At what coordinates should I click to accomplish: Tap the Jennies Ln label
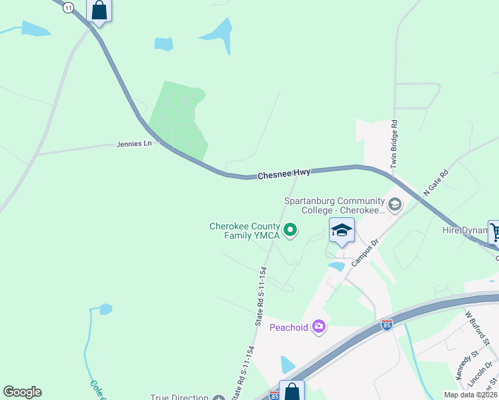[134, 143]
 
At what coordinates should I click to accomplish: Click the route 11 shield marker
[68, 7]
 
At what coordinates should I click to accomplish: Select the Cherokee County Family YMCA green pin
[290, 231]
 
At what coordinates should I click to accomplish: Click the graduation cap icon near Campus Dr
[342, 231]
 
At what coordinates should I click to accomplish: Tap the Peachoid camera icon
[319, 326]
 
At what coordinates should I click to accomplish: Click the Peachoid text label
[289, 327]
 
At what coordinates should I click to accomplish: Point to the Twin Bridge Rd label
[394, 144]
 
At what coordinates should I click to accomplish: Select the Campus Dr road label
[365, 253]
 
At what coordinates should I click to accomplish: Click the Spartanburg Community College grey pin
[394, 204]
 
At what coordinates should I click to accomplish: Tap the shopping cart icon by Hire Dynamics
[494, 232]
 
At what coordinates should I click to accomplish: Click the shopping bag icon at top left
[99, 10]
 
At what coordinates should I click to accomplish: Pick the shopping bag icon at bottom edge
[292, 392]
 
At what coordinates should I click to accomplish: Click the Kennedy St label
[467, 367]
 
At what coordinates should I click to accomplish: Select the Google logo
[22, 392]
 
